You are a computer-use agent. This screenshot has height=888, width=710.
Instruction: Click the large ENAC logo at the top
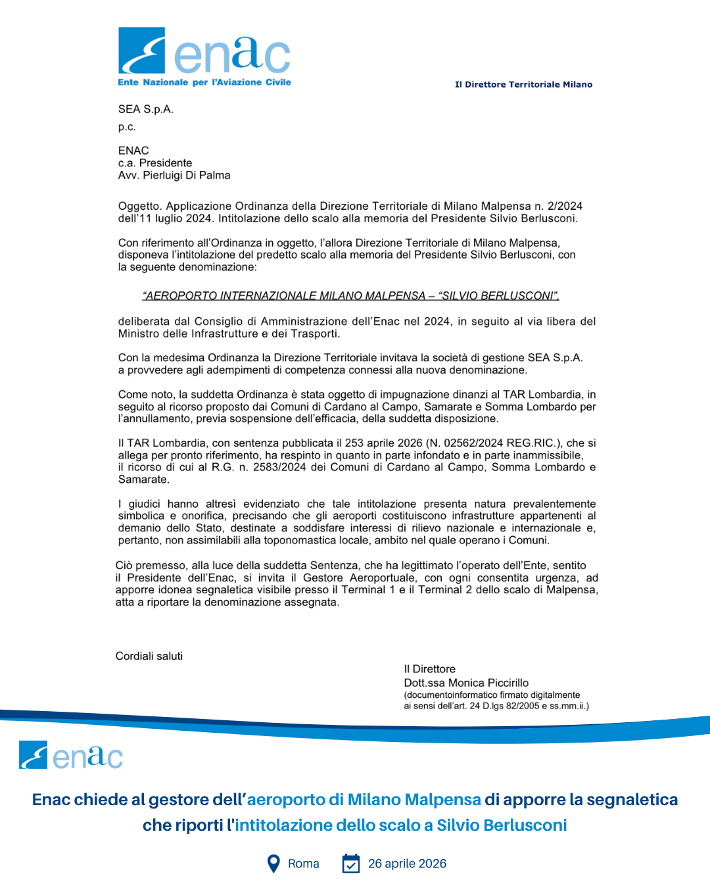tap(204, 51)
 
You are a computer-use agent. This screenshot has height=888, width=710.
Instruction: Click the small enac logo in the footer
tap(71, 755)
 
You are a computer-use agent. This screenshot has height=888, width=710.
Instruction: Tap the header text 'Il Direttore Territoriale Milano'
tap(523, 84)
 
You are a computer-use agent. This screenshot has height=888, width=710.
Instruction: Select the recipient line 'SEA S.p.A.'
tap(146, 109)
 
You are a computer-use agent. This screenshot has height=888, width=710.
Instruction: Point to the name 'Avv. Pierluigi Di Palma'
tap(174, 175)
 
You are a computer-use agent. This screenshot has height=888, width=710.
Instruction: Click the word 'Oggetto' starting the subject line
tap(139, 206)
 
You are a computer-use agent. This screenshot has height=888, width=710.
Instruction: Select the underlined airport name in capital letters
tap(350, 295)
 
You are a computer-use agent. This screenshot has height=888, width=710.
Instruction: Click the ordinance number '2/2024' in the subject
tap(565, 206)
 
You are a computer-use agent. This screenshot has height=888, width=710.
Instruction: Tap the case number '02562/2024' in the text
tap(473, 443)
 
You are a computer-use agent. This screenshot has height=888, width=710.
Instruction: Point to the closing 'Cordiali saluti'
tap(149, 656)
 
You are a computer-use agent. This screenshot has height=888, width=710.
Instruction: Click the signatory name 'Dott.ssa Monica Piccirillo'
tap(466, 683)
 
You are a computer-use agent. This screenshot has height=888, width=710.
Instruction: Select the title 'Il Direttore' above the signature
tap(429, 669)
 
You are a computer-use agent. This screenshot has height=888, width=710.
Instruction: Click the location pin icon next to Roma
tap(273, 864)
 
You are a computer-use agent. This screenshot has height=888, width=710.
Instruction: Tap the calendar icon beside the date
tap(351, 864)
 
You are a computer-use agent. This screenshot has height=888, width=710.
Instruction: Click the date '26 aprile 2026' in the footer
tap(407, 864)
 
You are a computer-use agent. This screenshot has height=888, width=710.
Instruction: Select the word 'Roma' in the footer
tap(304, 864)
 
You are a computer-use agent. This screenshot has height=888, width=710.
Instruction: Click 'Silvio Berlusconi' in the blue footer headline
tap(502, 825)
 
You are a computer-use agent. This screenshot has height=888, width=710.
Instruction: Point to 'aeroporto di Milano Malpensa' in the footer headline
tap(364, 799)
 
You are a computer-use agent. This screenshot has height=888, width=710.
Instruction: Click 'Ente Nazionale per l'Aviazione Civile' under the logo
tap(204, 82)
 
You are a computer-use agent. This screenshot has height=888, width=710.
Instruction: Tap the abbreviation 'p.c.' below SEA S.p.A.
tap(127, 127)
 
